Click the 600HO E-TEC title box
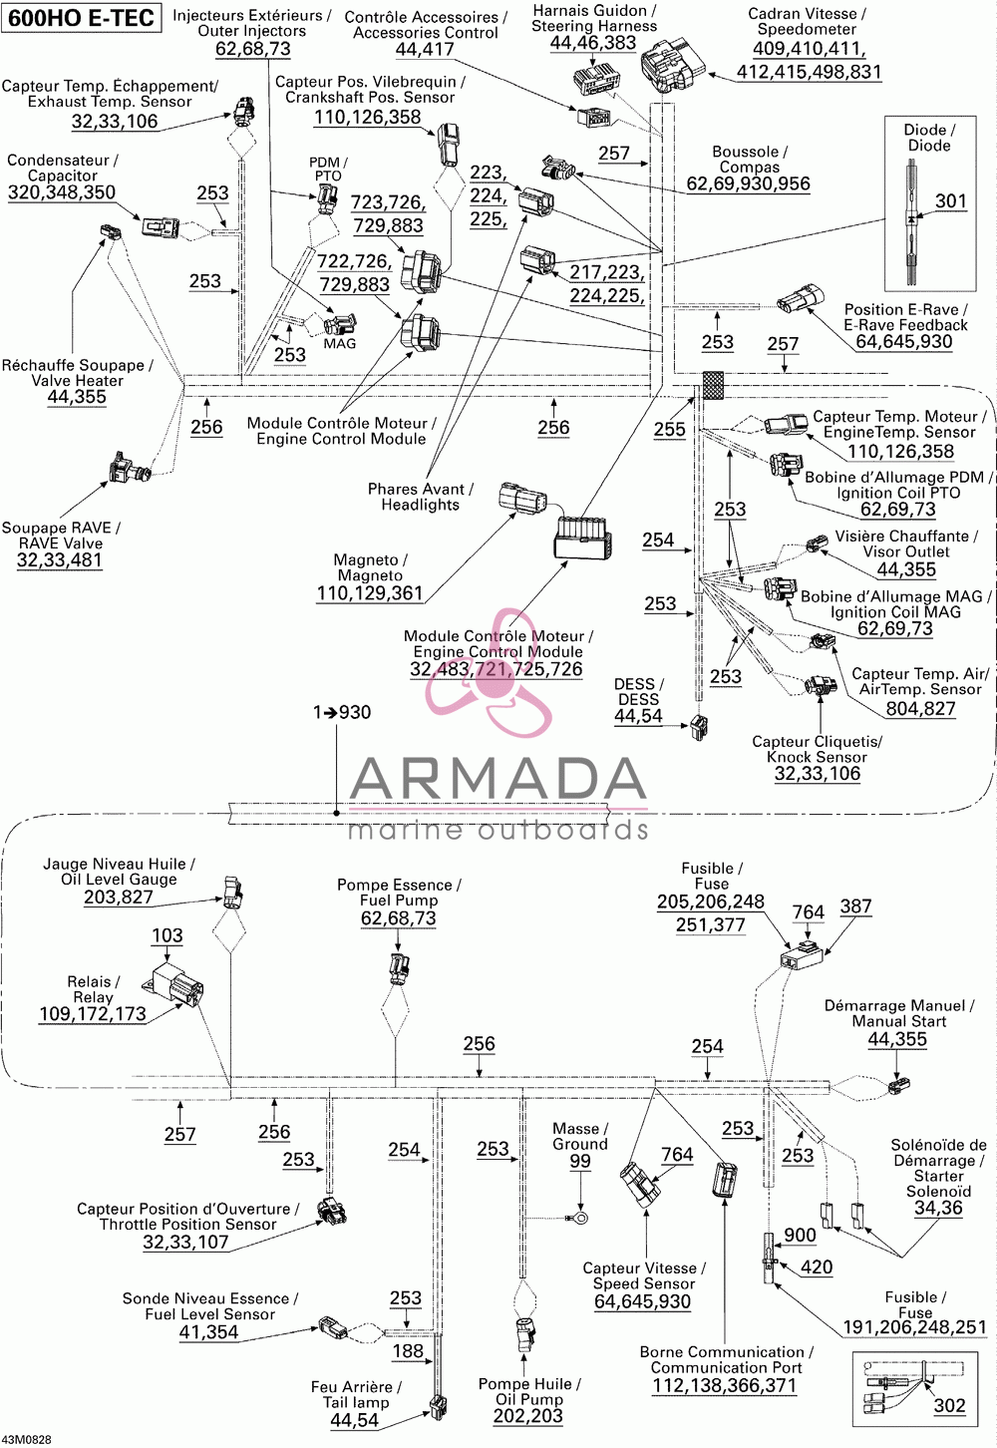point(82,18)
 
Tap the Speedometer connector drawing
point(671,65)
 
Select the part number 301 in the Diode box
point(950,201)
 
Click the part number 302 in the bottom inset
point(949,1405)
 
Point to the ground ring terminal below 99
point(579,1219)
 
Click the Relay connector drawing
point(173,986)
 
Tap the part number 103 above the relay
point(166,935)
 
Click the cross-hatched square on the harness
point(713,385)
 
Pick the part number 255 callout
point(669,429)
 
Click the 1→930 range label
point(342,712)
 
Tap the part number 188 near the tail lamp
point(408,1351)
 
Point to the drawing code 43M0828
point(26,1440)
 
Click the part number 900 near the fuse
point(800,1236)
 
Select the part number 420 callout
point(817,1267)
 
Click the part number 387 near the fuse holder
point(855,906)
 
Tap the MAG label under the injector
point(340,343)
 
